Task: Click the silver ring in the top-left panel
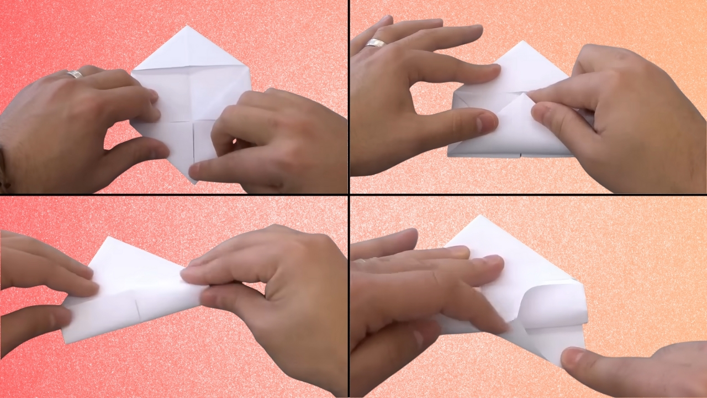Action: click(75, 74)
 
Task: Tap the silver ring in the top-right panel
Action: click(376, 43)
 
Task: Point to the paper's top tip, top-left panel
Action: click(187, 26)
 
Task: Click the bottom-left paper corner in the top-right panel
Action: click(449, 155)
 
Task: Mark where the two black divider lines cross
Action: click(349, 195)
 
